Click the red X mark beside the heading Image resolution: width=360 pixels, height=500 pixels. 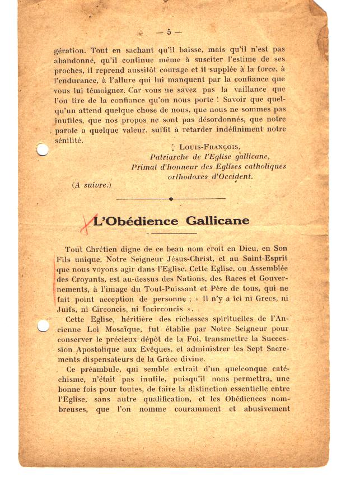[86, 222]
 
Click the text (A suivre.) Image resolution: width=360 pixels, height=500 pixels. [92, 185]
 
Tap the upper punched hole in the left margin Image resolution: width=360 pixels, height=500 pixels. [42, 149]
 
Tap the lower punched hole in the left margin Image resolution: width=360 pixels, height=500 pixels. [42, 325]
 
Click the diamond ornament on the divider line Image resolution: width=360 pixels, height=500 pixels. [171, 199]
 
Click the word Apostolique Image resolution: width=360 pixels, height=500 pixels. [102, 349]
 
